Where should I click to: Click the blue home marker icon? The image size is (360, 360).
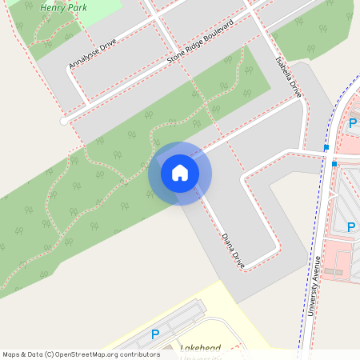180,172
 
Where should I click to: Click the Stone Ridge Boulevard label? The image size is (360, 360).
199,43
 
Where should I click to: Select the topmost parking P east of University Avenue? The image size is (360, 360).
353,123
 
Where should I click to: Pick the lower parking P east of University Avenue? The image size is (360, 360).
350,227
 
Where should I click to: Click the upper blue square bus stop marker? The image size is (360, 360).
326,148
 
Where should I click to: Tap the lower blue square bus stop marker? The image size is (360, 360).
334,164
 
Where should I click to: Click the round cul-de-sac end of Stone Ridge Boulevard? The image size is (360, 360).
64,122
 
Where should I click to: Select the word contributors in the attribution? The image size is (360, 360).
139,354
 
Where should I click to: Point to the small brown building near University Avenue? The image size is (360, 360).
332,272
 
